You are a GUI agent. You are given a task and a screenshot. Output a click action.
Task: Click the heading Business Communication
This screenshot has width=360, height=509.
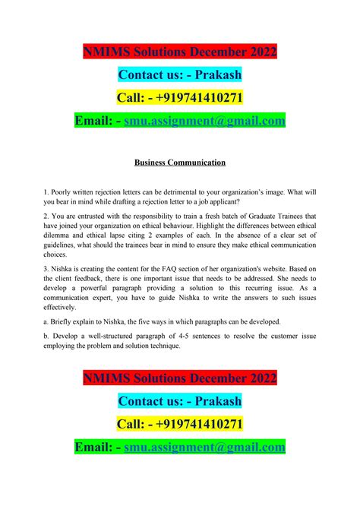point(180,163)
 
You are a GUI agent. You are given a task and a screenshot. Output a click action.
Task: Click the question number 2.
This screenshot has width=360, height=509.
point(46,217)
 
